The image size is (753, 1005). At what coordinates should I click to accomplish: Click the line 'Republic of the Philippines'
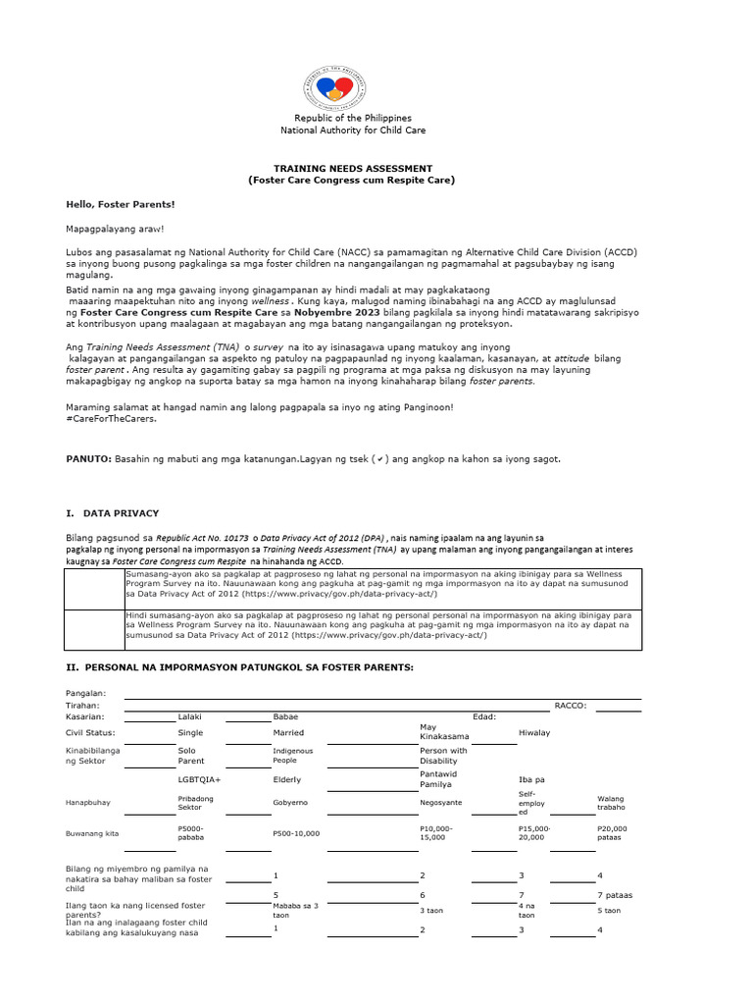[x=353, y=118]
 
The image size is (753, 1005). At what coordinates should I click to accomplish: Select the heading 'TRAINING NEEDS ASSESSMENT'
[x=352, y=169]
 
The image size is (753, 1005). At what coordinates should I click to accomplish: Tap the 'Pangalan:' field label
[x=86, y=693]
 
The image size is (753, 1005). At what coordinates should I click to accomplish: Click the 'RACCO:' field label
[x=571, y=705]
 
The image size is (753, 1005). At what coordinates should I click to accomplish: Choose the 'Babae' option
[x=285, y=717]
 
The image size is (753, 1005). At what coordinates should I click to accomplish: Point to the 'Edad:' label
[x=484, y=717]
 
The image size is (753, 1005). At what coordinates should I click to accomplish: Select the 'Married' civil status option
[x=288, y=732]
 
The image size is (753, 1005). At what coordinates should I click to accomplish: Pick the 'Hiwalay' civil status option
[x=534, y=732]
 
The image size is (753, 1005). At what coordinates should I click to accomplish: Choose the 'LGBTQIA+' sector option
[x=199, y=779]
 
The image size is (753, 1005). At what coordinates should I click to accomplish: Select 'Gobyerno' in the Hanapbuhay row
[x=291, y=801]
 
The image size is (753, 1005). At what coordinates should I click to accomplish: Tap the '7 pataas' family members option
[x=615, y=896]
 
